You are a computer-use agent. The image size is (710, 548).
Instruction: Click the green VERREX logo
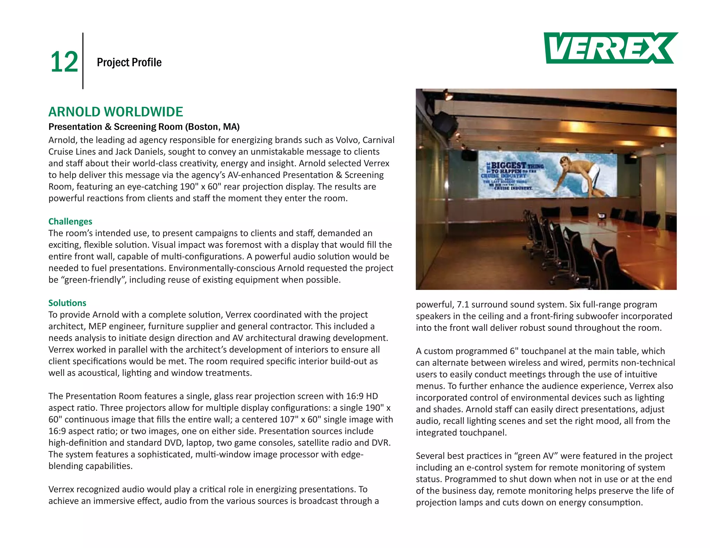(610, 48)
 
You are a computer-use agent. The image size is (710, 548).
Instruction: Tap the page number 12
(64, 62)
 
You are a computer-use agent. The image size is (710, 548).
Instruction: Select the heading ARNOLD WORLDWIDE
(115, 112)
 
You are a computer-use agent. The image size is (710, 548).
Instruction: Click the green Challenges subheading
(70, 221)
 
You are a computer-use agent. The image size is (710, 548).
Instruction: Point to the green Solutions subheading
(67, 303)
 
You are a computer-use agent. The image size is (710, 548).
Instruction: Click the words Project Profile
(129, 62)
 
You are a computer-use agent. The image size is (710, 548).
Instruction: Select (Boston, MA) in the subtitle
(212, 127)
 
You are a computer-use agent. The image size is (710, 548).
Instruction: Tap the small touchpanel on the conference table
(601, 216)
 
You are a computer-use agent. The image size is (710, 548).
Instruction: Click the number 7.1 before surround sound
(463, 304)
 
